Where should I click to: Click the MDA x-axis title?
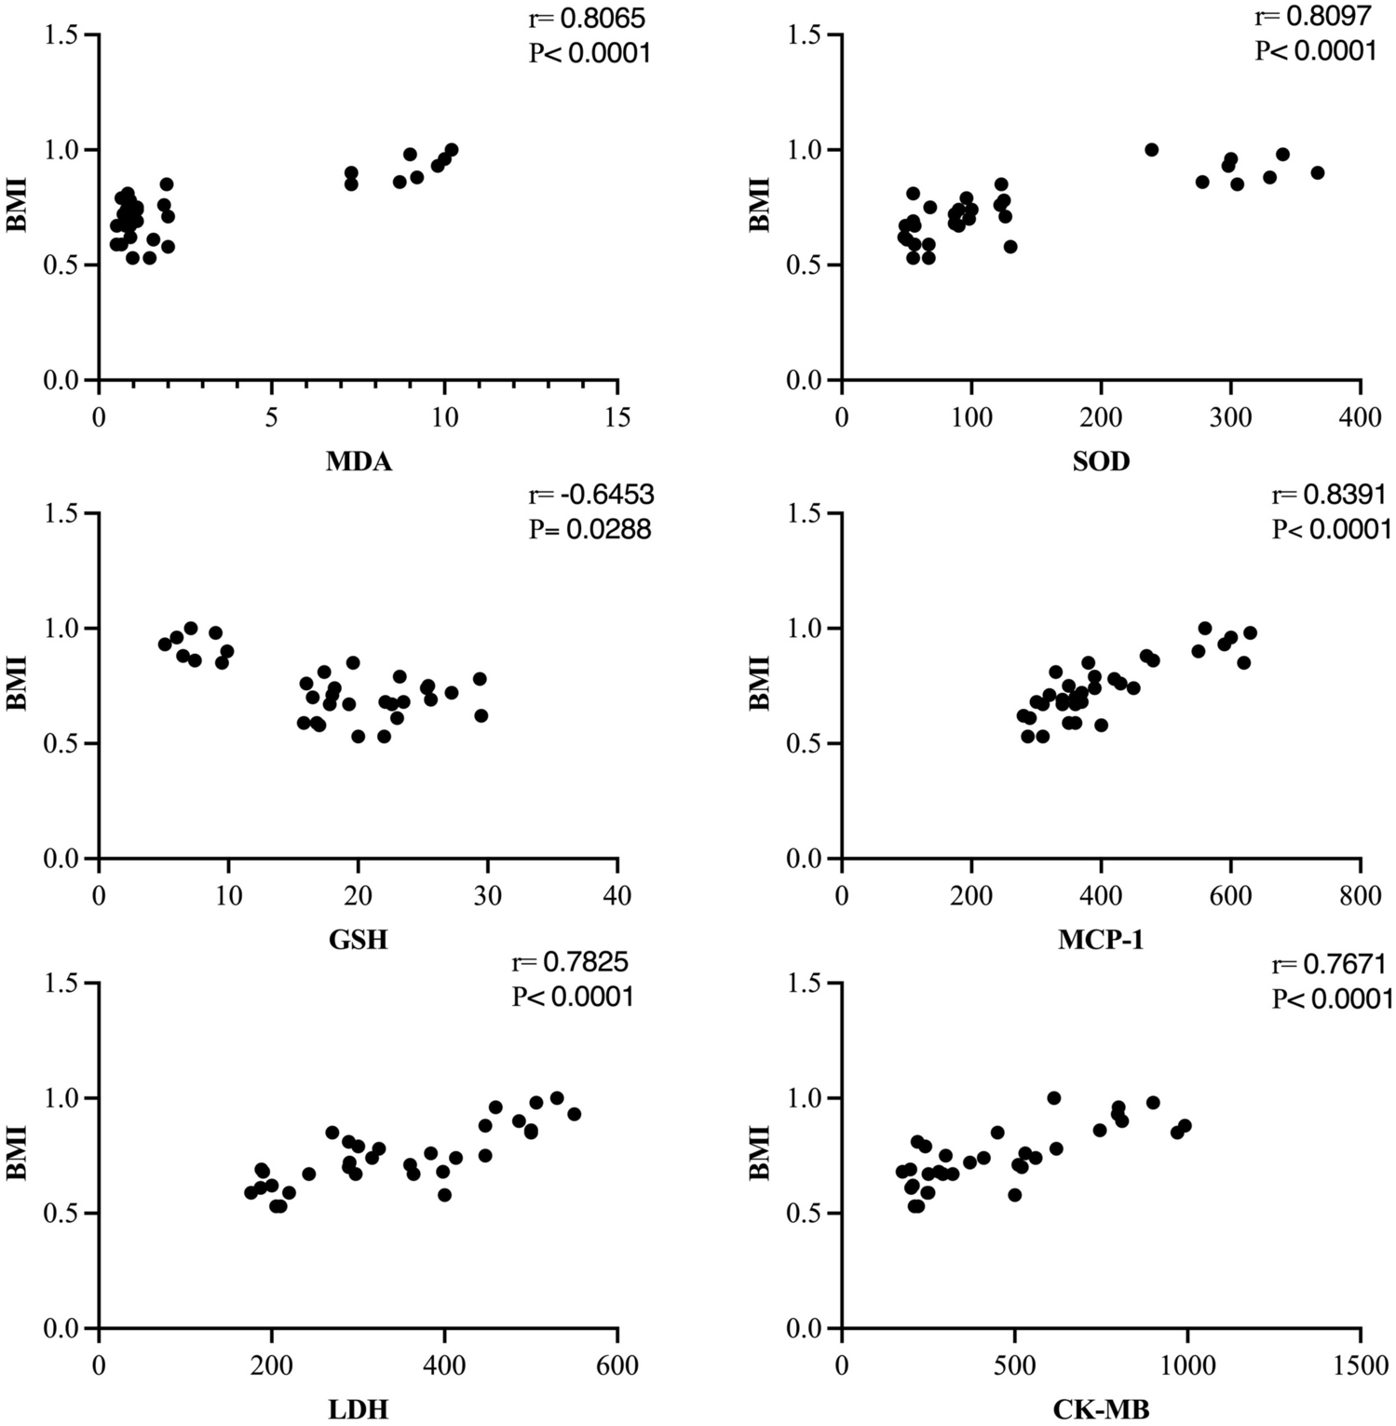[x=359, y=461]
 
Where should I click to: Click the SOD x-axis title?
[x=1101, y=461]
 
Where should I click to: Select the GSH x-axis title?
[x=359, y=940]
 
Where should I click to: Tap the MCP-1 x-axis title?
[x=1101, y=940]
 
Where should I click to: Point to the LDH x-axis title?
[x=359, y=1410]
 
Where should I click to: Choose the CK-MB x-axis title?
[x=1101, y=1410]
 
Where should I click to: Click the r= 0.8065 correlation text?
[x=587, y=18]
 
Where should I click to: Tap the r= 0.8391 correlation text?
[x=1330, y=494]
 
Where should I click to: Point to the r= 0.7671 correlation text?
[x=1330, y=963]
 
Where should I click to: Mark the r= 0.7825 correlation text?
[x=573, y=963]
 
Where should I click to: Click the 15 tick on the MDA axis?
[x=617, y=417]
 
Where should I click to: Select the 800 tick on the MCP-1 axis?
[x=1360, y=896]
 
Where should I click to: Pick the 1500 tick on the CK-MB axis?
[x=1360, y=1365]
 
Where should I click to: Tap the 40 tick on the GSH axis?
[x=617, y=896]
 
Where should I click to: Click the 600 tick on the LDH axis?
[x=617, y=1365]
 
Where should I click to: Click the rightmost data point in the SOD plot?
[x=1317, y=172]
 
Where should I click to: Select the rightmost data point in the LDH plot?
[x=574, y=1114]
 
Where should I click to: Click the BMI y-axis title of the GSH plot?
[x=16, y=685]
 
